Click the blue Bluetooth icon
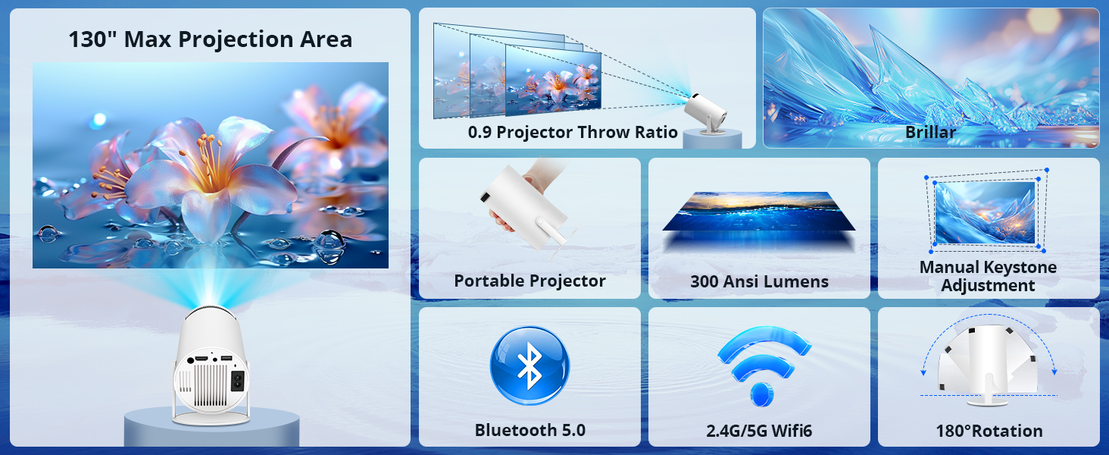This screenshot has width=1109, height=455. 530,369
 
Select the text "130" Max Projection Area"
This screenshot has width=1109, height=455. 210,39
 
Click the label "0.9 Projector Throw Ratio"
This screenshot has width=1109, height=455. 573,133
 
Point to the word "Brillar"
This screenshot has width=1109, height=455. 930,132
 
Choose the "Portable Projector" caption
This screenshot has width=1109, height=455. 530,281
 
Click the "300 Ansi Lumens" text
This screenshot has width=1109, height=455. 759,281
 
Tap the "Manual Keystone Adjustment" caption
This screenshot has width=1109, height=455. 988,276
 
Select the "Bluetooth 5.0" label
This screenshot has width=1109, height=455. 530,430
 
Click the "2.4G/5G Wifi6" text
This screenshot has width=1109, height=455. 759,431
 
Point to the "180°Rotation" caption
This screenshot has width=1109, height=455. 989,431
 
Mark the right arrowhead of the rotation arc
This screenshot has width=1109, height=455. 1054,371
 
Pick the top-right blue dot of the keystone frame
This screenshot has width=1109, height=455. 1047,171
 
